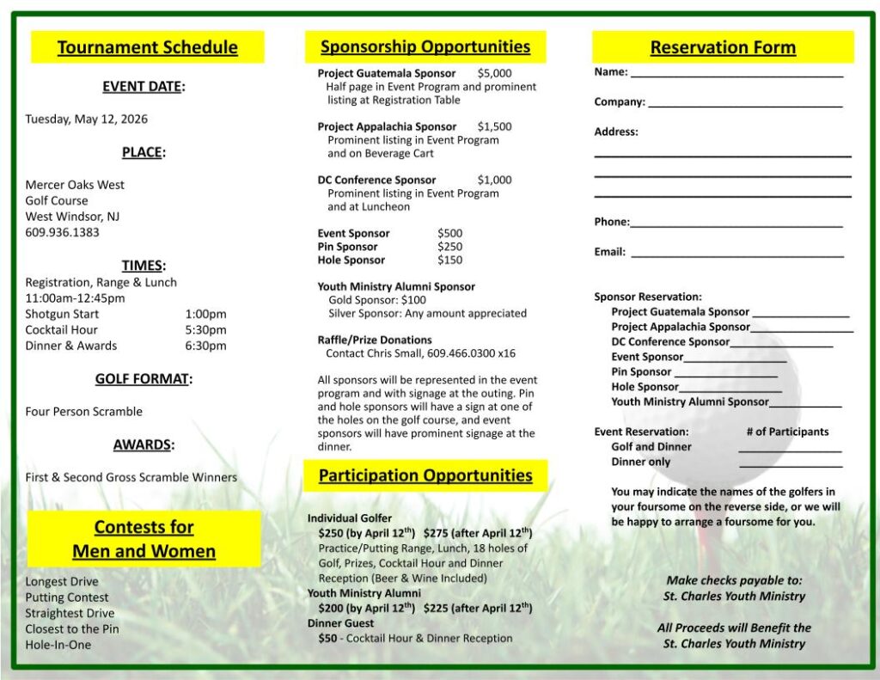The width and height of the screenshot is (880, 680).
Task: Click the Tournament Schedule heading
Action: click(x=147, y=47)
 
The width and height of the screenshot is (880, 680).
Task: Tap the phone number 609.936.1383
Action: click(x=62, y=232)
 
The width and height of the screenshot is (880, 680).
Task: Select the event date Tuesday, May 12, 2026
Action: click(x=86, y=119)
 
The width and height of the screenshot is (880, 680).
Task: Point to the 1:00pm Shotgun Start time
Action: click(x=205, y=314)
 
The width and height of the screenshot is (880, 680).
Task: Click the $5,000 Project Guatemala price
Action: click(x=494, y=73)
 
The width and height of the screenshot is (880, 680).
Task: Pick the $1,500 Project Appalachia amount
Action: click(x=494, y=126)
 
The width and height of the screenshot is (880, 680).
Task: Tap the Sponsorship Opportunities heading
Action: click(x=425, y=46)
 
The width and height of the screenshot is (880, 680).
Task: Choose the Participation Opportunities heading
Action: click(x=425, y=475)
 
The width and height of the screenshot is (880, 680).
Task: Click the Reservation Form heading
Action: click(x=723, y=47)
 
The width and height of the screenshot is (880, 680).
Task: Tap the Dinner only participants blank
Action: click(x=790, y=465)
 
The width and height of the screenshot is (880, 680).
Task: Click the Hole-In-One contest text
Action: click(x=58, y=645)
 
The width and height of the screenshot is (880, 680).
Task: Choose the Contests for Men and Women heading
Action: click(x=144, y=539)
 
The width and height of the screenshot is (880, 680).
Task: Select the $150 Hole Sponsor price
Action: click(x=449, y=260)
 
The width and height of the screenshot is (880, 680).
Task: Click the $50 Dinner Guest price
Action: click(x=327, y=638)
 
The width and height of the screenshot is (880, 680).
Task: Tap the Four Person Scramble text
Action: click(x=83, y=411)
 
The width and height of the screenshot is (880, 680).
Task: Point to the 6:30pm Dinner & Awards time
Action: click(x=205, y=346)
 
